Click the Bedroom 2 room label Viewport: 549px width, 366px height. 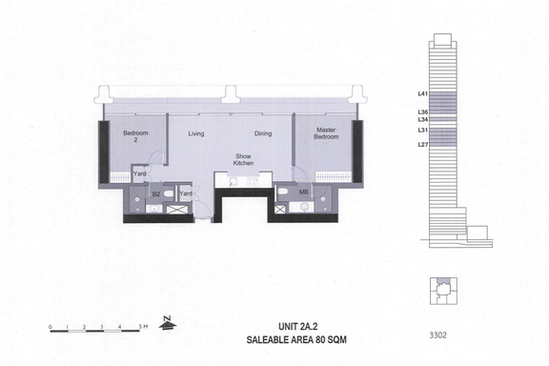(x=135, y=136)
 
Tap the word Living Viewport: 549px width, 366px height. (x=196, y=133)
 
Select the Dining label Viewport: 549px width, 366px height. (x=263, y=133)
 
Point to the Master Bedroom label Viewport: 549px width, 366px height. (x=326, y=133)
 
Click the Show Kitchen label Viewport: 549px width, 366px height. (x=243, y=159)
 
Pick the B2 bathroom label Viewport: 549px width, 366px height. (x=156, y=193)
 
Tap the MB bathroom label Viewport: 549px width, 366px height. (x=303, y=192)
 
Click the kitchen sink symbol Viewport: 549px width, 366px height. (x=233, y=181)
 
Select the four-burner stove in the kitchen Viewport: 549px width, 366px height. (x=253, y=181)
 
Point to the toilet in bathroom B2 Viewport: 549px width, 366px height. (x=169, y=193)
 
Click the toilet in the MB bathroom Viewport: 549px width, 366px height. (x=282, y=192)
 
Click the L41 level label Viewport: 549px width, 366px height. (x=423, y=93)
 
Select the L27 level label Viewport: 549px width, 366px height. (x=423, y=144)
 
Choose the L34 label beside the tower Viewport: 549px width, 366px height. (x=423, y=119)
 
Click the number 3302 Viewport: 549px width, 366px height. (x=438, y=335)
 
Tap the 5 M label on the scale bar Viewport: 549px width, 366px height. (x=143, y=327)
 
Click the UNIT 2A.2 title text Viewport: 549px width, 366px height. (x=298, y=326)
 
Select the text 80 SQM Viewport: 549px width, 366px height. (x=331, y=339)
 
